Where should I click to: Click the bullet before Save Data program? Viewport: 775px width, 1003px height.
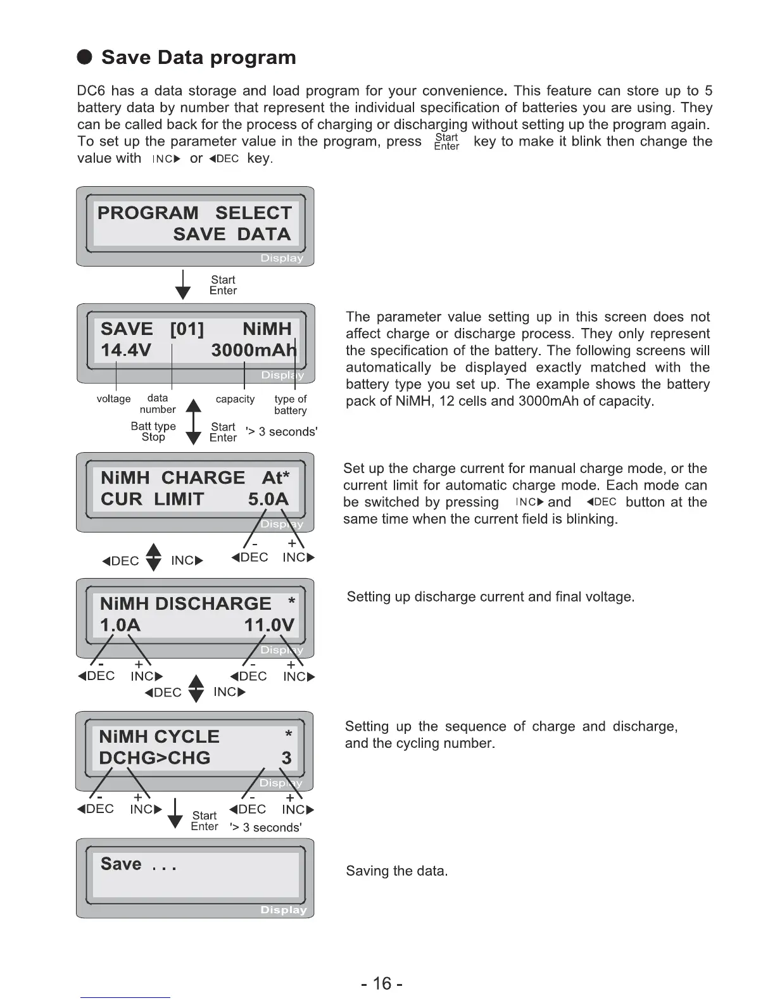85,58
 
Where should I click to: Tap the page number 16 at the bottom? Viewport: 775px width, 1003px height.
382,983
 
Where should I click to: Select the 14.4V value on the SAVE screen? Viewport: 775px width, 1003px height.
126,350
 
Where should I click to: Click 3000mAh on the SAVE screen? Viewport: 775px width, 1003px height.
254,350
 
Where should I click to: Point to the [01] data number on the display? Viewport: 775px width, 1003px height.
187,329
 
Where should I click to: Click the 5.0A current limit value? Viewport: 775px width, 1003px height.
268,499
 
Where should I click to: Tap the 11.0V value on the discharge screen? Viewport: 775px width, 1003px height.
269,625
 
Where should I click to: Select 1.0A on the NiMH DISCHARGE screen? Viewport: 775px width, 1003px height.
120,625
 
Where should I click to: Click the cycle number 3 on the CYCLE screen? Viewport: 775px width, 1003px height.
287,758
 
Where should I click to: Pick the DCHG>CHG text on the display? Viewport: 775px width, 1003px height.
154,758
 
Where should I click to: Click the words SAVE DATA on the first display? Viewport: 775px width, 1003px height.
232,234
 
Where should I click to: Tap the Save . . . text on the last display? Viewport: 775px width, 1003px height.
138,864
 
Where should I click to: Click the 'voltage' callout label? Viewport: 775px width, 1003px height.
113,399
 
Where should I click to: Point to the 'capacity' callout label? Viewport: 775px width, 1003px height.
235,399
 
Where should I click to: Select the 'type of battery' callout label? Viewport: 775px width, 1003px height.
291,405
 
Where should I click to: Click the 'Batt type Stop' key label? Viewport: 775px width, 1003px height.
153,431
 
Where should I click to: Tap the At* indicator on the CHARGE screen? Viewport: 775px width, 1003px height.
275,477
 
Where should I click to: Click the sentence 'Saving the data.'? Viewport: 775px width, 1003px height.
396,871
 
